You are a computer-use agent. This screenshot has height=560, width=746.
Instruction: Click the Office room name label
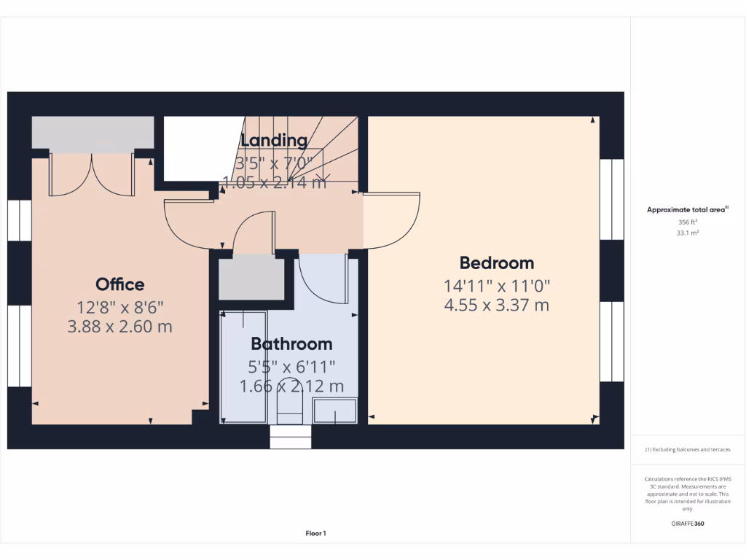click(120, 284)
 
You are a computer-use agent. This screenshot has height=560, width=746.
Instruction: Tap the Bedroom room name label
click(496, 263)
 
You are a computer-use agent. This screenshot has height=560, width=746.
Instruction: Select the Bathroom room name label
click(291, 343)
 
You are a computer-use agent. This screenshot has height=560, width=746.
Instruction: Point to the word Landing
click(274, 140)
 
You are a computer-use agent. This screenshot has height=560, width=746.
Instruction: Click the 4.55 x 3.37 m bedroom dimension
click(496, 305)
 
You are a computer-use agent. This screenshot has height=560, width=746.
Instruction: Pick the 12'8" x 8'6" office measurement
click(120, 306)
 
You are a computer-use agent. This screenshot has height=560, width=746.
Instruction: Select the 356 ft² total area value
click(688, 222)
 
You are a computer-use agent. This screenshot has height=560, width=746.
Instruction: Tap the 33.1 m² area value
click(688, 233)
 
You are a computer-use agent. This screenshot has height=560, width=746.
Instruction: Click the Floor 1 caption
click(315, 534)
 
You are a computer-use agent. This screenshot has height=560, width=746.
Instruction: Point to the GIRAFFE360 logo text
click(688, 524)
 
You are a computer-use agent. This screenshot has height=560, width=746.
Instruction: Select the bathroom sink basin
click(335, 411)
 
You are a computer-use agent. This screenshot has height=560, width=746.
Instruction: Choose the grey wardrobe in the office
click(93, 135)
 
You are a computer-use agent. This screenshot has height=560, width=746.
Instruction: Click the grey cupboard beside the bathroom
click(251, 279)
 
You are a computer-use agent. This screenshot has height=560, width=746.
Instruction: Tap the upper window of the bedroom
click(611, 199)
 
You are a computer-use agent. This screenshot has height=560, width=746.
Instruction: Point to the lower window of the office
click(20, 346)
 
